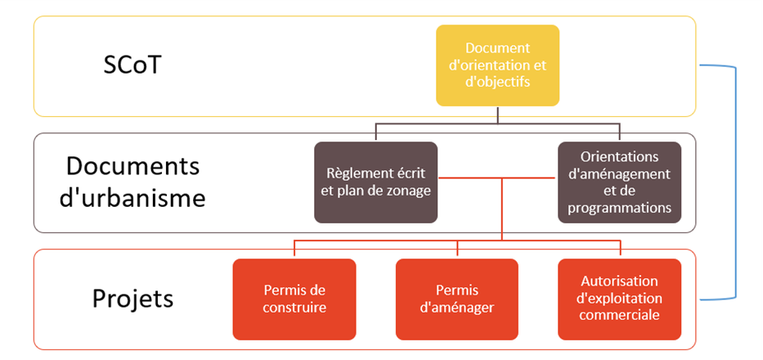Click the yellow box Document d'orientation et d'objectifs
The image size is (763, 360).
coord(497,65)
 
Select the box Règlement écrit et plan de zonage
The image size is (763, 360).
coord(375,182)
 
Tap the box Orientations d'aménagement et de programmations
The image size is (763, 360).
coord(619,182)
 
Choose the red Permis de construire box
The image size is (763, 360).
coord(294,299)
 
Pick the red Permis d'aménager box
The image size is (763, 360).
coord(457,299)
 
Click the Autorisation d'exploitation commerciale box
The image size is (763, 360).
coord(619,299)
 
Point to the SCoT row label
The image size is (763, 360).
coord(132,65)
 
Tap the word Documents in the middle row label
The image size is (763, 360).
coord(132,167)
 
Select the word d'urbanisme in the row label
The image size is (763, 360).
coord(132,198)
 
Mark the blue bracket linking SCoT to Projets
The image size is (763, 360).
coord(735,182)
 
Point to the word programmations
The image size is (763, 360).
coord(619,208)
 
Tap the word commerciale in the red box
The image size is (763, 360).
coord(619,315)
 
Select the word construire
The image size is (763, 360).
coord(294,308)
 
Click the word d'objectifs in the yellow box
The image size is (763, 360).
coord(497,83)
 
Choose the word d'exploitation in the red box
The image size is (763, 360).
coord(619,298)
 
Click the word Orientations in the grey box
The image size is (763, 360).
coord(619,157)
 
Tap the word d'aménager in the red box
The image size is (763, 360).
coord(457,308)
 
